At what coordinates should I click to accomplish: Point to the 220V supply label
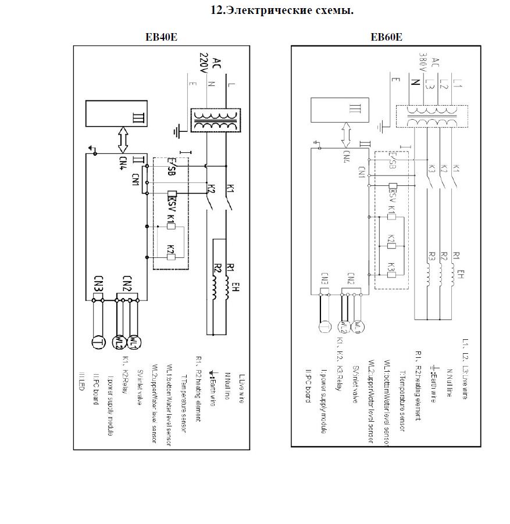tap(204, 64)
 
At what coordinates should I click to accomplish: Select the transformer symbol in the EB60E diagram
tap(430, 114)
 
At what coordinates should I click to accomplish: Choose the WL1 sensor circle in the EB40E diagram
tap(133, 342)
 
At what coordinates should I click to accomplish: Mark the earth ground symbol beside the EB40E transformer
tap(180, 130)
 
